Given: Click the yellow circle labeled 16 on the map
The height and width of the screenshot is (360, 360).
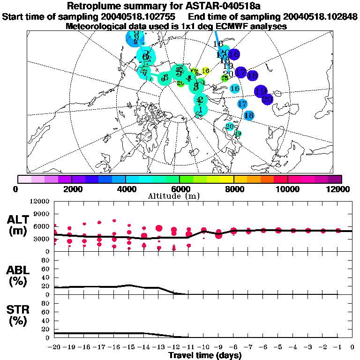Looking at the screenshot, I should point(205,71).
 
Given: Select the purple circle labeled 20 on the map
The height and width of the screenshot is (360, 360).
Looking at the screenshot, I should point(267,99).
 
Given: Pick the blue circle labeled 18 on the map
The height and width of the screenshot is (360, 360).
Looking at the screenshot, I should point(249,115).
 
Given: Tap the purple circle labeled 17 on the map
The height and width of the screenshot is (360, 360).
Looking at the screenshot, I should point(240,72).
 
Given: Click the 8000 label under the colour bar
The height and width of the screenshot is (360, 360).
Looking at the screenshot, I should point(233,189).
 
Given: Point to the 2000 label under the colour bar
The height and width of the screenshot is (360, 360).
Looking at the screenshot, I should point(71,189).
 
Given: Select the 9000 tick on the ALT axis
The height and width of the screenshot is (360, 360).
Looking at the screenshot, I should point(42,213).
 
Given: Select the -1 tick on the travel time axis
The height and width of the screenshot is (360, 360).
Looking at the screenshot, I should point(337,347).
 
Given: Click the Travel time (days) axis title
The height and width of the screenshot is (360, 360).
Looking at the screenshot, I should point(205,355).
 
